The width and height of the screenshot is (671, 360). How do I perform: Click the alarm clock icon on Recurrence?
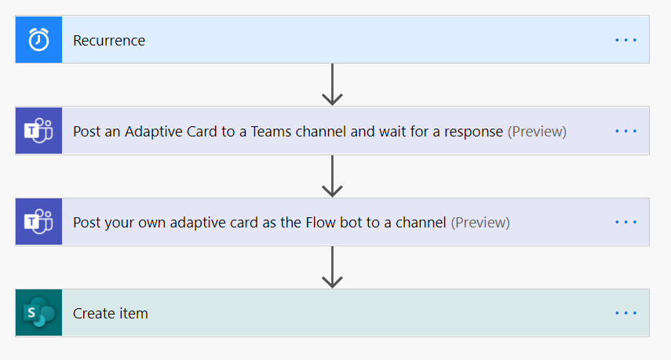point(38,40)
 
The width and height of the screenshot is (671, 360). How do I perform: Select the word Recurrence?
point(109,41)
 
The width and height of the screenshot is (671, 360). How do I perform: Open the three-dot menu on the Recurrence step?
point(625,40)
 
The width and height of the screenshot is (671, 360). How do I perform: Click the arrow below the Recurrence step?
point(333,85)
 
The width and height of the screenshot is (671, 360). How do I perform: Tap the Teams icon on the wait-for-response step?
point(38,131)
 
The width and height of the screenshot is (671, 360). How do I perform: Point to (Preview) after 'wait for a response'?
point(537,132)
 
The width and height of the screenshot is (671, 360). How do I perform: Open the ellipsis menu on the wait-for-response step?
point(625,131)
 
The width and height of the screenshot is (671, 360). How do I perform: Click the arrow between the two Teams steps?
point(333,176)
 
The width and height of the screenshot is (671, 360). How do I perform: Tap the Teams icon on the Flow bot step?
point(38,222)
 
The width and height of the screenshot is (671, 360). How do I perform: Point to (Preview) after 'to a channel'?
point(480,223)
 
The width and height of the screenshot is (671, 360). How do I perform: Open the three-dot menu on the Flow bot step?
point(625,222)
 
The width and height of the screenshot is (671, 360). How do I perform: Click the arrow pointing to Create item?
point(333,267)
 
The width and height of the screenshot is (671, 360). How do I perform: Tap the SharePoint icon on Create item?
point(38,313)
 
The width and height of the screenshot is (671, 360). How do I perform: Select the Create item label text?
point(111,314)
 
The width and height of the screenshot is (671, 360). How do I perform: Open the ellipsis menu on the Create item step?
point(625,313)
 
